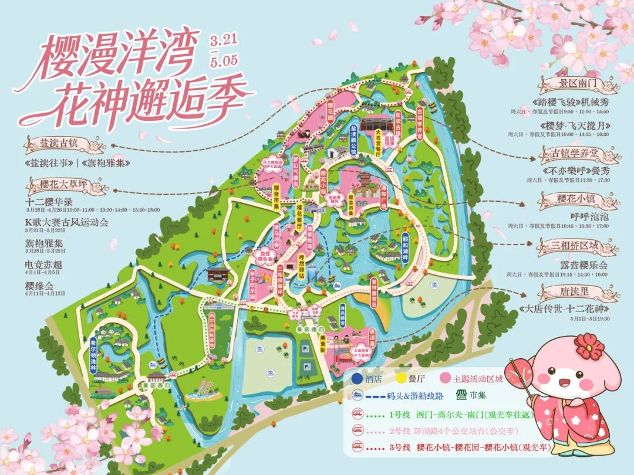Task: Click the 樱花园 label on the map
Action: click(330, 110)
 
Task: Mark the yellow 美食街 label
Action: click(322, 341)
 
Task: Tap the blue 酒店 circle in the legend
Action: click(355, 379)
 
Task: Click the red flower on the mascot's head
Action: click(588, 345)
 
